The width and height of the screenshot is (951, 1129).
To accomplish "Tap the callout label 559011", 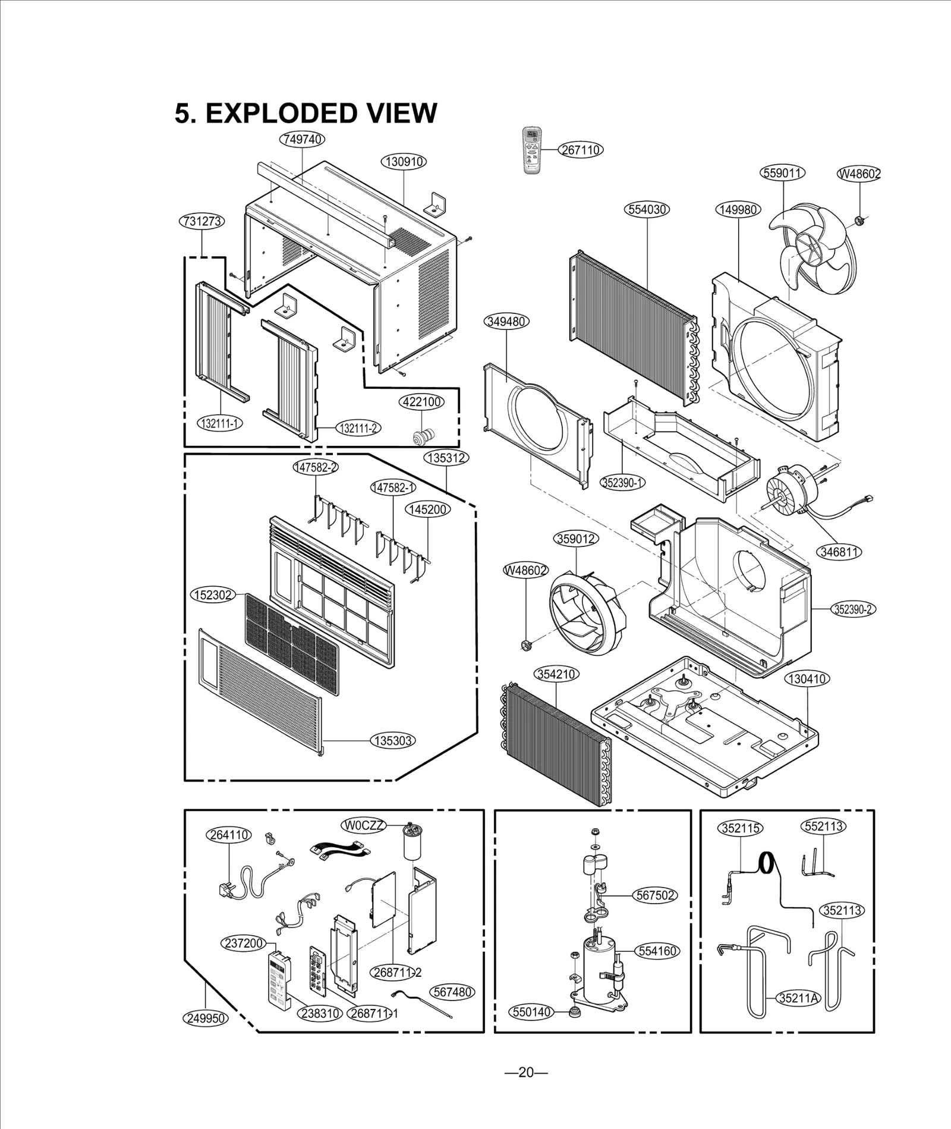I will click(782, 173).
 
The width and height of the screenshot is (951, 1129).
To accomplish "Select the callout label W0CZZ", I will click(364, 825).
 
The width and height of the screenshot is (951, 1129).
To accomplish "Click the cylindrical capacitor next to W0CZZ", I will click(410, 843).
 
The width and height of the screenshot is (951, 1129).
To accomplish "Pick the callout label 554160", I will click(658, 951).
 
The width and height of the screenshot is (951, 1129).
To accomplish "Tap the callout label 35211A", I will click(799, 998).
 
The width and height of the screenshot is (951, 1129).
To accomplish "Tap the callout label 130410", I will click(807, 679).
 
